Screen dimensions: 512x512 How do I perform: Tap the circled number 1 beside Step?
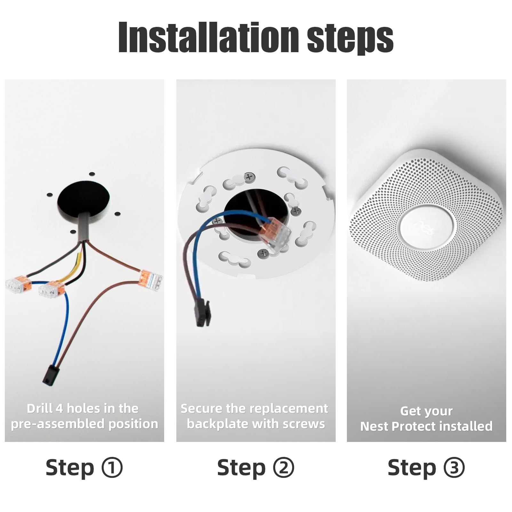coord(112,468)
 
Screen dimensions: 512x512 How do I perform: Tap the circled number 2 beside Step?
coord(284,468)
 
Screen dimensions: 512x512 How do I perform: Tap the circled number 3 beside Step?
coord(454,468)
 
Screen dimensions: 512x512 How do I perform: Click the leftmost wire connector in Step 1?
coord(19,284)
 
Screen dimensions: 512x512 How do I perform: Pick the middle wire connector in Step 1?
coord(51,289)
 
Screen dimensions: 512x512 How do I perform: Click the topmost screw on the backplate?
coord(249,177)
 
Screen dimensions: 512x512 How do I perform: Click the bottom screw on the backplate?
coord(263,254)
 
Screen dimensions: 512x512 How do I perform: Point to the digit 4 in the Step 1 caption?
coord(60,409)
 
